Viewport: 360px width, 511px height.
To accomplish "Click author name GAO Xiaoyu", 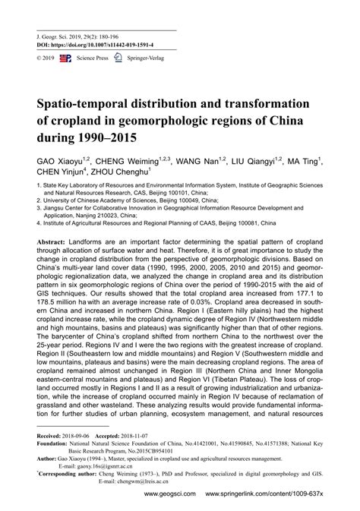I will click(x=59, y=162).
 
